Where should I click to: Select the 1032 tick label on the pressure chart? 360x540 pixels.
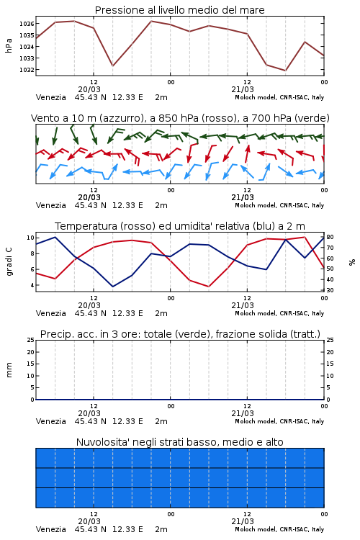point(27,70)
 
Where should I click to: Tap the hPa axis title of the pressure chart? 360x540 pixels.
point(9,45)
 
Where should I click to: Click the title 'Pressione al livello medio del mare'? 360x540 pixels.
point(180,10)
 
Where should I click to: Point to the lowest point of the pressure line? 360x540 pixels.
point(285,71)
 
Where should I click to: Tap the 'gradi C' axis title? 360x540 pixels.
point(9,262)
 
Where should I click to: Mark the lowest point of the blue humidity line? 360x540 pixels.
point(112,287)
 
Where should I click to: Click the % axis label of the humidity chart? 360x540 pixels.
point(352,262)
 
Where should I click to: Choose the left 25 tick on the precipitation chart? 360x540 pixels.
point(31,340)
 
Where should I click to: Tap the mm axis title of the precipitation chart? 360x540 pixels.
point(9,370)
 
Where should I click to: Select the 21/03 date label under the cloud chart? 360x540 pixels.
point(243,521)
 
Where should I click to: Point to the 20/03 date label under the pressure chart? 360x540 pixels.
point(89,89)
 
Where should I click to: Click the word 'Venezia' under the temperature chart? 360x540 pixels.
point(51,313)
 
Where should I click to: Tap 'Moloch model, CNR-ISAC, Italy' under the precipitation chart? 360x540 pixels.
point(279,421)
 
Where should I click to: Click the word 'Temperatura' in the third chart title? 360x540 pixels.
point(86,226)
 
